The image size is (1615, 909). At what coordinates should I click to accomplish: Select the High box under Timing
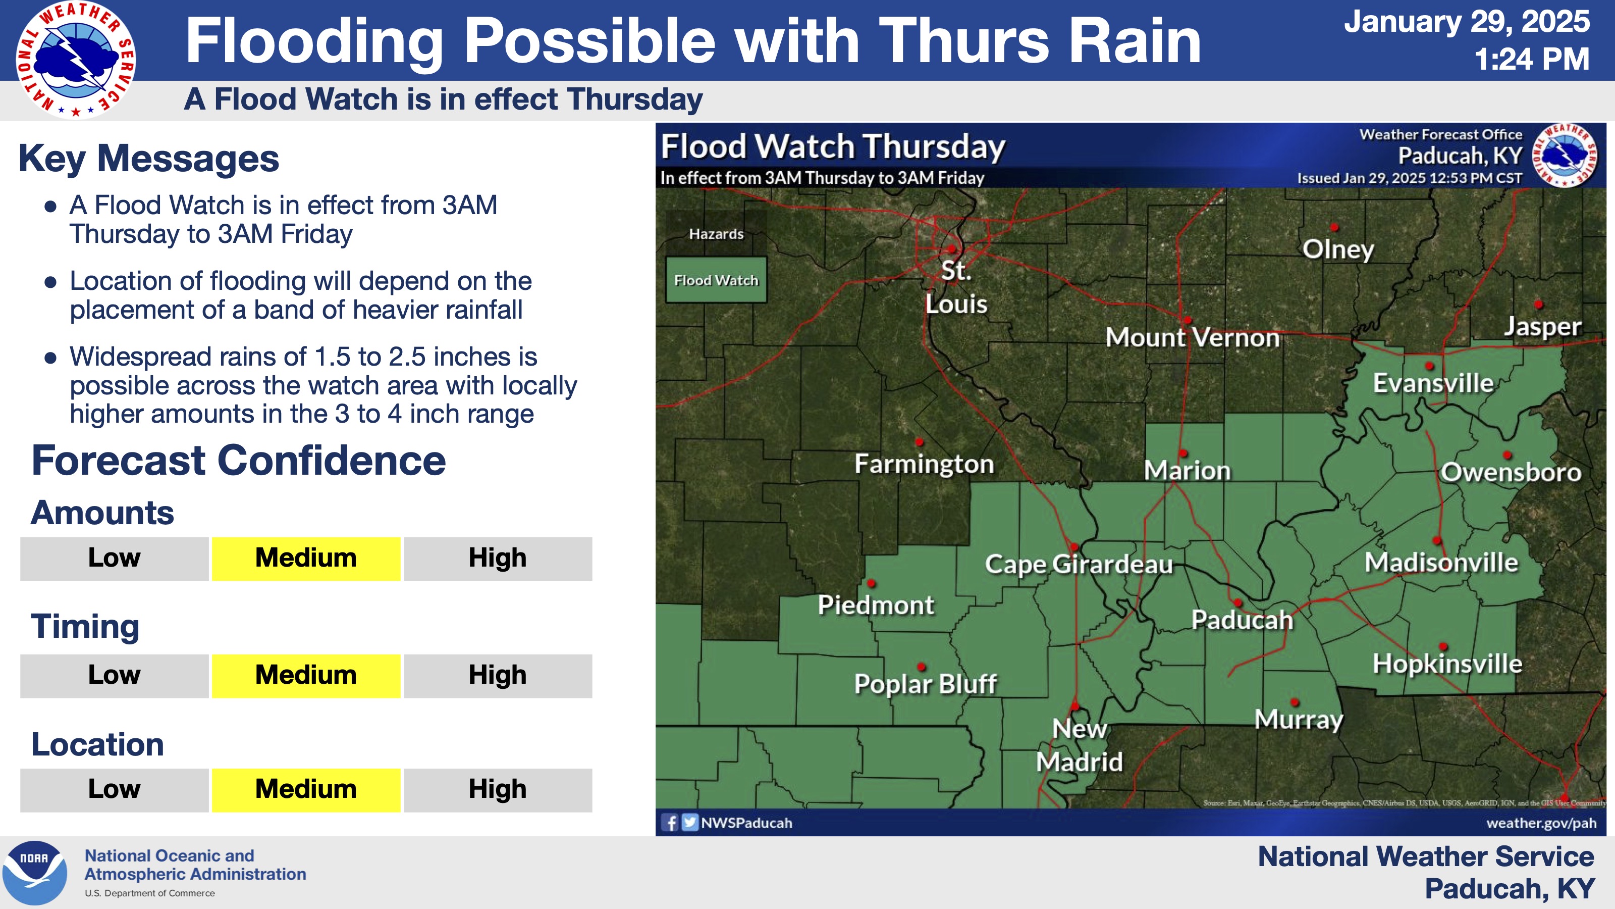click(x=497, y=676)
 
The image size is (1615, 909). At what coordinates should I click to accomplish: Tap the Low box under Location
click(x=114, y=790)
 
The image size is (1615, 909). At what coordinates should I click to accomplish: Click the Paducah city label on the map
click(x=1242, y=620)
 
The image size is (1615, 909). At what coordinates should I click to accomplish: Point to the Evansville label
click(x=1433, y=383)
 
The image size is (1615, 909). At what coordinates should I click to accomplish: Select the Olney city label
click(x=1338, y=249)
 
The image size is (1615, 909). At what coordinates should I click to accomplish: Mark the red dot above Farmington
click(x=919, y=442)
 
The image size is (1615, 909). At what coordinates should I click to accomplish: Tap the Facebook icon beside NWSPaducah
click(x=670, y=823)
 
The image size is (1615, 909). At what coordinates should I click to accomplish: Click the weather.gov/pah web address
click(x=1541, y=823)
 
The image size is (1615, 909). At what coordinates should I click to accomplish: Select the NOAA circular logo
click(x=34, y=873)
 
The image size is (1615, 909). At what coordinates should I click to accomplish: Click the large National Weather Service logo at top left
click(x=76, y=60)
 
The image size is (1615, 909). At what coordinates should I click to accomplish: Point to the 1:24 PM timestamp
click(x=1531, y=60)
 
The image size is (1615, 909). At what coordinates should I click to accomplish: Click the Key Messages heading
click(x=148, y=158)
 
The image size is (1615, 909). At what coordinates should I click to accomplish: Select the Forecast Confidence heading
click(x=238, y=461)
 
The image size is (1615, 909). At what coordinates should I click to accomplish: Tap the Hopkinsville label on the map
click(x=1447, y=663)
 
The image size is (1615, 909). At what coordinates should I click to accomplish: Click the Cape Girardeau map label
click(x=1079, y=564)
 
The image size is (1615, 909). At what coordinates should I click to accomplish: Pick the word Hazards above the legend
click(x=716, y=234)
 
